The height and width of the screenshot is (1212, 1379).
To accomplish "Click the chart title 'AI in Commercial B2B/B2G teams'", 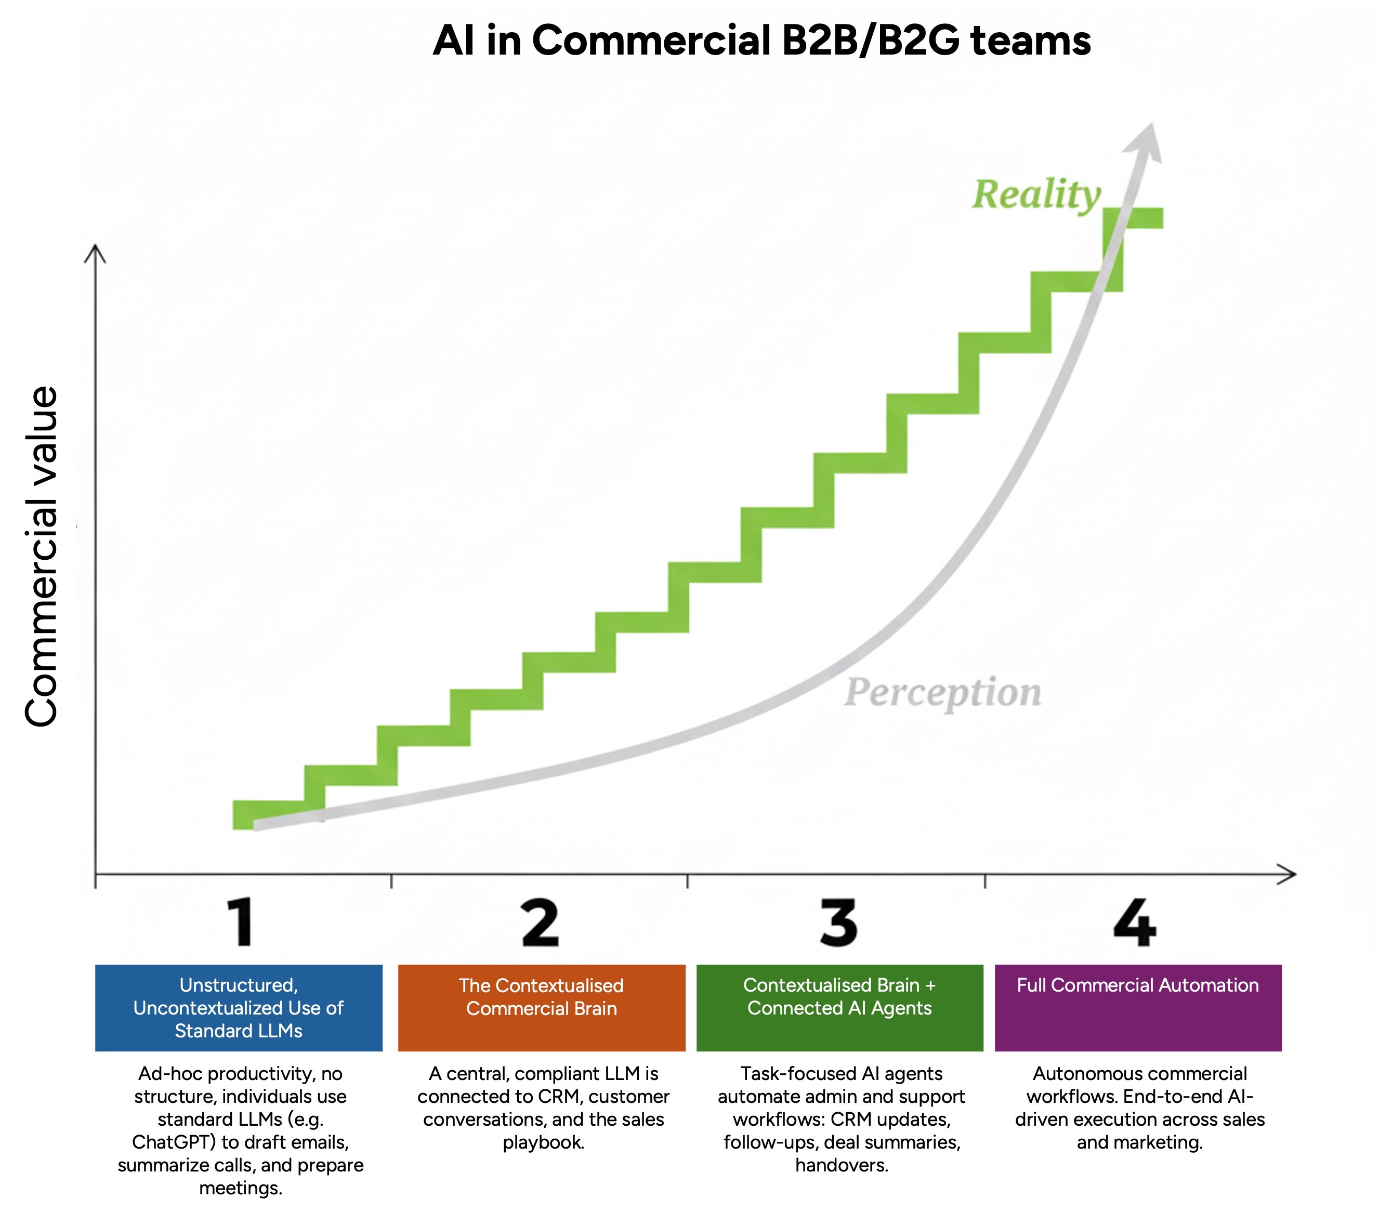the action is [761, 41].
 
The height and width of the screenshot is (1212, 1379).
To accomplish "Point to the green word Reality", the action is [1036, 195].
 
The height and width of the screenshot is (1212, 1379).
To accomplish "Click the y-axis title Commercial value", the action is [42, 557].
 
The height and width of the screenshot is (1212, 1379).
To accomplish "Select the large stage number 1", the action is [240, 923].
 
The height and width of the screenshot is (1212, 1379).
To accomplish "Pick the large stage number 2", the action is [541, 923].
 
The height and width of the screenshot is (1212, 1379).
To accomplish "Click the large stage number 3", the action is [838, 923].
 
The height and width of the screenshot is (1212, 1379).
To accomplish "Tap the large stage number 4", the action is [1135, 923].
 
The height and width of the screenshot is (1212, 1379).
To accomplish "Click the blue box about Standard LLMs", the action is [239, 1008].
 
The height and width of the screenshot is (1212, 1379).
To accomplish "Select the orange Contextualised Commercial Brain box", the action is [541, 1008].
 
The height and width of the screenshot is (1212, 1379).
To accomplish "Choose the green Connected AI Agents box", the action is [839, 1008].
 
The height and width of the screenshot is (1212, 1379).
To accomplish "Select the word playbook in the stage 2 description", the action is [543, 1142].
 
